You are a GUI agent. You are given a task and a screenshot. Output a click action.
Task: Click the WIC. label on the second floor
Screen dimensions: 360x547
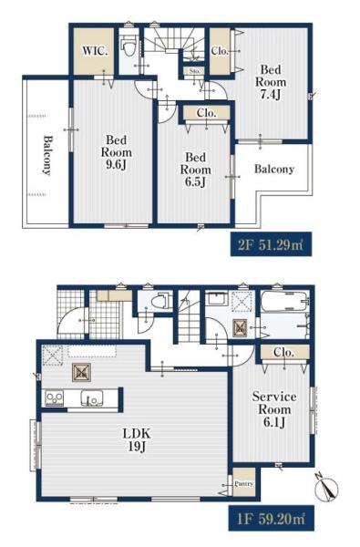click(x=95, y=51)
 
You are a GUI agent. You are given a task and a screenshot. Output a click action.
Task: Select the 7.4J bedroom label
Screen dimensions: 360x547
click(x=271, y=82)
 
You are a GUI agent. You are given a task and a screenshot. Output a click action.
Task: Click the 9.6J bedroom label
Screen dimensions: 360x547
click(x=116, y=153)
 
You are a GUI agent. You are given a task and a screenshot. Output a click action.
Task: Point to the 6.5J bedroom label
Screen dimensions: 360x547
click(x=195, y=170)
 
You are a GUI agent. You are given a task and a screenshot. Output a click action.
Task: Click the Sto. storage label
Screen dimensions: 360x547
click(x=195, y=71)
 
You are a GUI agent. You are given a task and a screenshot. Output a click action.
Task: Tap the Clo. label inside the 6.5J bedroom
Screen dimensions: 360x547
click(x=207, y=113)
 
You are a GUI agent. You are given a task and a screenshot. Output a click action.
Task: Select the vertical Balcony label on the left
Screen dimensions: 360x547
click(x=47, y=155)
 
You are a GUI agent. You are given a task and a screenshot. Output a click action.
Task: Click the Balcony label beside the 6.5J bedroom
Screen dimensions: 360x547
click(x=274, y=170)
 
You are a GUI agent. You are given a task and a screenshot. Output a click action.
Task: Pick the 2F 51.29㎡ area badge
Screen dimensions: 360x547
click(x=271, y=244)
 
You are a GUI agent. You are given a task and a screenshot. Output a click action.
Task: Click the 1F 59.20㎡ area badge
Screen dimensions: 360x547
click(x=271, y=518)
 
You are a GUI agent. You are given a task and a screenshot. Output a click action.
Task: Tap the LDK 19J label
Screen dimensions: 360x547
click(x=137, y=440)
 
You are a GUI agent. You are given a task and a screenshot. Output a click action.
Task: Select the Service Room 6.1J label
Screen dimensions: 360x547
click(x=274, y=409)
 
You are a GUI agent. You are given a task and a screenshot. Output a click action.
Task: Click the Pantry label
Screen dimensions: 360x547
click(x=244, y=484)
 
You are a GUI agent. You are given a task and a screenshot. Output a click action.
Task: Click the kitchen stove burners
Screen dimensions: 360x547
click(x=55, y=398)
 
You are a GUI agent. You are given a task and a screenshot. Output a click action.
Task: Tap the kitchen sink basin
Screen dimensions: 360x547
click(x=92, y=398)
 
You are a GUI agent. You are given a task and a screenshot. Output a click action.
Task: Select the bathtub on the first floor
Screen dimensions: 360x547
click(x=284, y=301)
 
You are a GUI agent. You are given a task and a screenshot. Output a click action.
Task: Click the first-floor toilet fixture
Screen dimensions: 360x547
click(x=160, y=301)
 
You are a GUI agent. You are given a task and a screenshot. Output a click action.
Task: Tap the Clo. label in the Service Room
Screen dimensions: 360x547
click(x=284, y=352)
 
